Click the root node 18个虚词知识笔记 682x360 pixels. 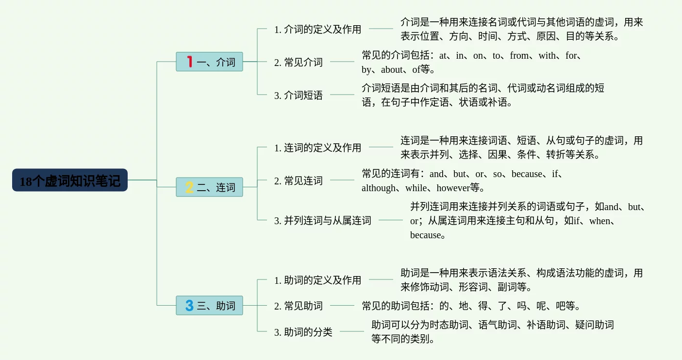tap(70, 180)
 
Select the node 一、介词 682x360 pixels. tap(209, 62)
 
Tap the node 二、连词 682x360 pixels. tap(209, 187)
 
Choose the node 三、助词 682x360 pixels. tap(209, 306)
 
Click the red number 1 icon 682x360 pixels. tap(189, 62)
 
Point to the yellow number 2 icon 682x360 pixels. tap(189, 187)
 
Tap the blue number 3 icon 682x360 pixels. tap(189, 306)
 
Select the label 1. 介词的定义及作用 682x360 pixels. tap(317, 29)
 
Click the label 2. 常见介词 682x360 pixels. tap(298, 62)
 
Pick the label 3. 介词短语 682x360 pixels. tap(298, 96)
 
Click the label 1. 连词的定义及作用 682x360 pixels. tap(317, 147)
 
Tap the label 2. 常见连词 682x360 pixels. tap(298, 181)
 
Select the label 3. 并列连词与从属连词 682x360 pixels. tap(322, 221)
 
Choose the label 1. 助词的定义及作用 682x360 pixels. tap(317, 280)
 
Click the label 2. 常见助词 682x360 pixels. tap(298, 306)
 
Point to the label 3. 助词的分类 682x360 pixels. tap(303, 332)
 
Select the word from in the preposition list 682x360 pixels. tap(519, 55)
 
